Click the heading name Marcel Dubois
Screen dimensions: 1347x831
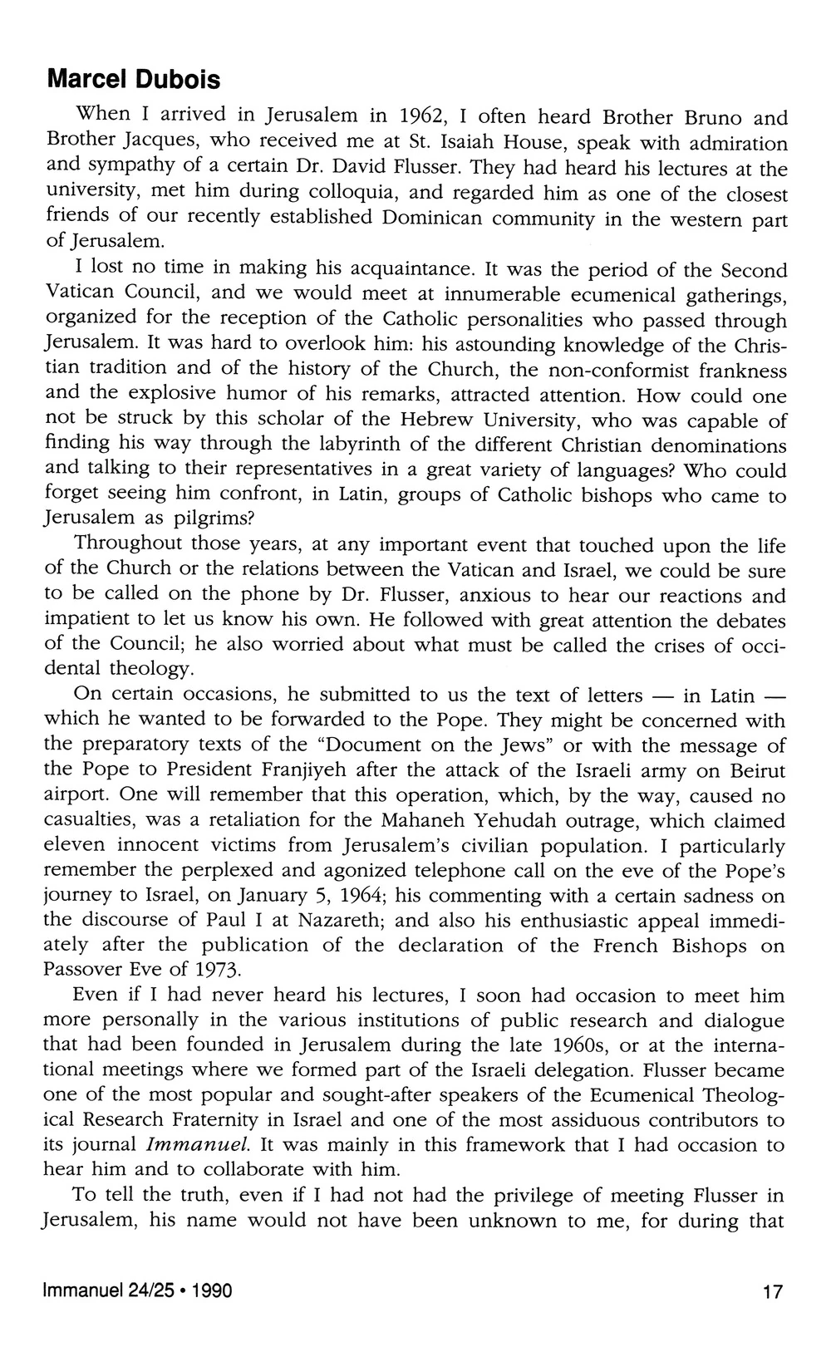(134, 80)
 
